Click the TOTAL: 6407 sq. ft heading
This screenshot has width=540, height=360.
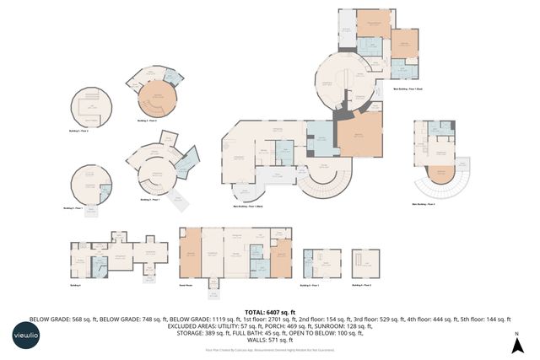[x=270, y=312]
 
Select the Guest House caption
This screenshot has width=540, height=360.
[x=186, y=285]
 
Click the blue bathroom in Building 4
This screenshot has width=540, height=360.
[x=100, y=267]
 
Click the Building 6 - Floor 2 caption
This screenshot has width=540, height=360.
[x=364, y=285]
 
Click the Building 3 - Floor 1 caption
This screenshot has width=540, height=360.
[x=152, y=200]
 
